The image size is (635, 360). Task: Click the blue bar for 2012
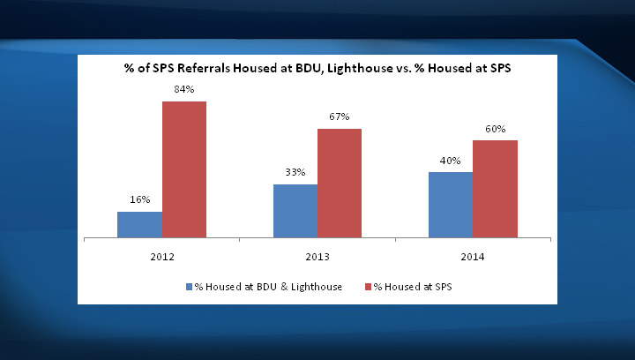tap(139, 225)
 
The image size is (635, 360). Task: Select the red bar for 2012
tap(183, 169)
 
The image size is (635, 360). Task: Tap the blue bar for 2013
tap(295, 211)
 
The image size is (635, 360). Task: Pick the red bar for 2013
tap(340, 184)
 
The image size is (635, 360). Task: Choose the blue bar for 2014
tap(451, 205)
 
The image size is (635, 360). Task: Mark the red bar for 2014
tap(495, 189)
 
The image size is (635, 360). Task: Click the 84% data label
tap(183, 89)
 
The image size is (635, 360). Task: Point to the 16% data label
tap(139, 200)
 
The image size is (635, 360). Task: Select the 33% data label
tap(295, 172)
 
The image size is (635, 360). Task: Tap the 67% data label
tap(340, 116)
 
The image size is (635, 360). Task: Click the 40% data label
tap(451, 161)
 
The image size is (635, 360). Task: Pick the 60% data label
tap(495, 129)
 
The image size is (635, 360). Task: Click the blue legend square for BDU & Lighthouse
tap(188, 287)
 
